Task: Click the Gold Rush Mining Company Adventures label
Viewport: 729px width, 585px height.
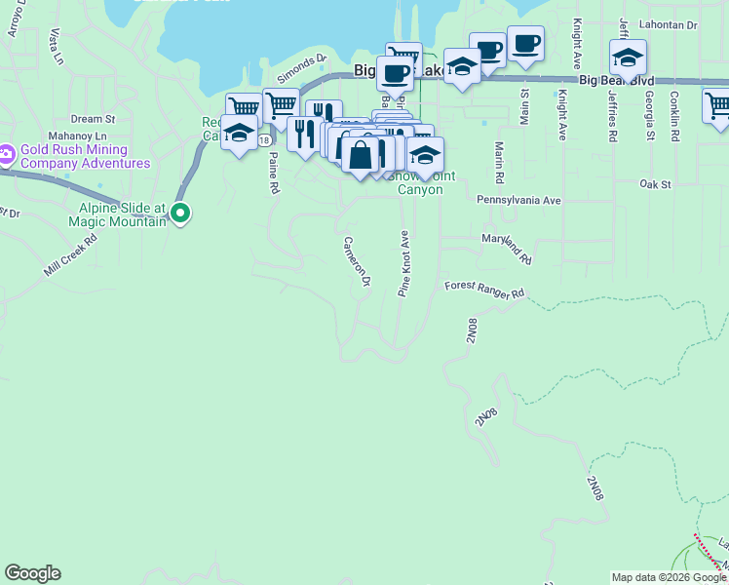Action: click(x=88, y=156)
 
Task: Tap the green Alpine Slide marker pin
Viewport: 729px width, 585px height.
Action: click(x=179, y=212)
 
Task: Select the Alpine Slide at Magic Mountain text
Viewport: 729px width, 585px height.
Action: click(x=124, y=214)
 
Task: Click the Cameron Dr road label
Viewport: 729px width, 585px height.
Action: click(x=357, y=261)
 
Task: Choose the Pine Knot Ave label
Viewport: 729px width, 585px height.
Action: click(x=403, y=263)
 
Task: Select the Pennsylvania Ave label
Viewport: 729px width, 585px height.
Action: click(x=518, y=200)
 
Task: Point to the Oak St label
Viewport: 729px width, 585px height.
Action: click(x=655, y=183)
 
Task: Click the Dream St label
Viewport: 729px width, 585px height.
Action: click(x=93, y=119)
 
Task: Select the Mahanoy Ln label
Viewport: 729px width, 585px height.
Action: click(x=77, y=136)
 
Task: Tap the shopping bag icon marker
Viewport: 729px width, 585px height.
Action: click(x=361, y=155)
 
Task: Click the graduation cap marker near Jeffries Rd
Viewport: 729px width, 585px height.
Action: click(x=628, y=58)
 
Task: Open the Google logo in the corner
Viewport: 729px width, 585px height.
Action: click(x=32, y=573)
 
